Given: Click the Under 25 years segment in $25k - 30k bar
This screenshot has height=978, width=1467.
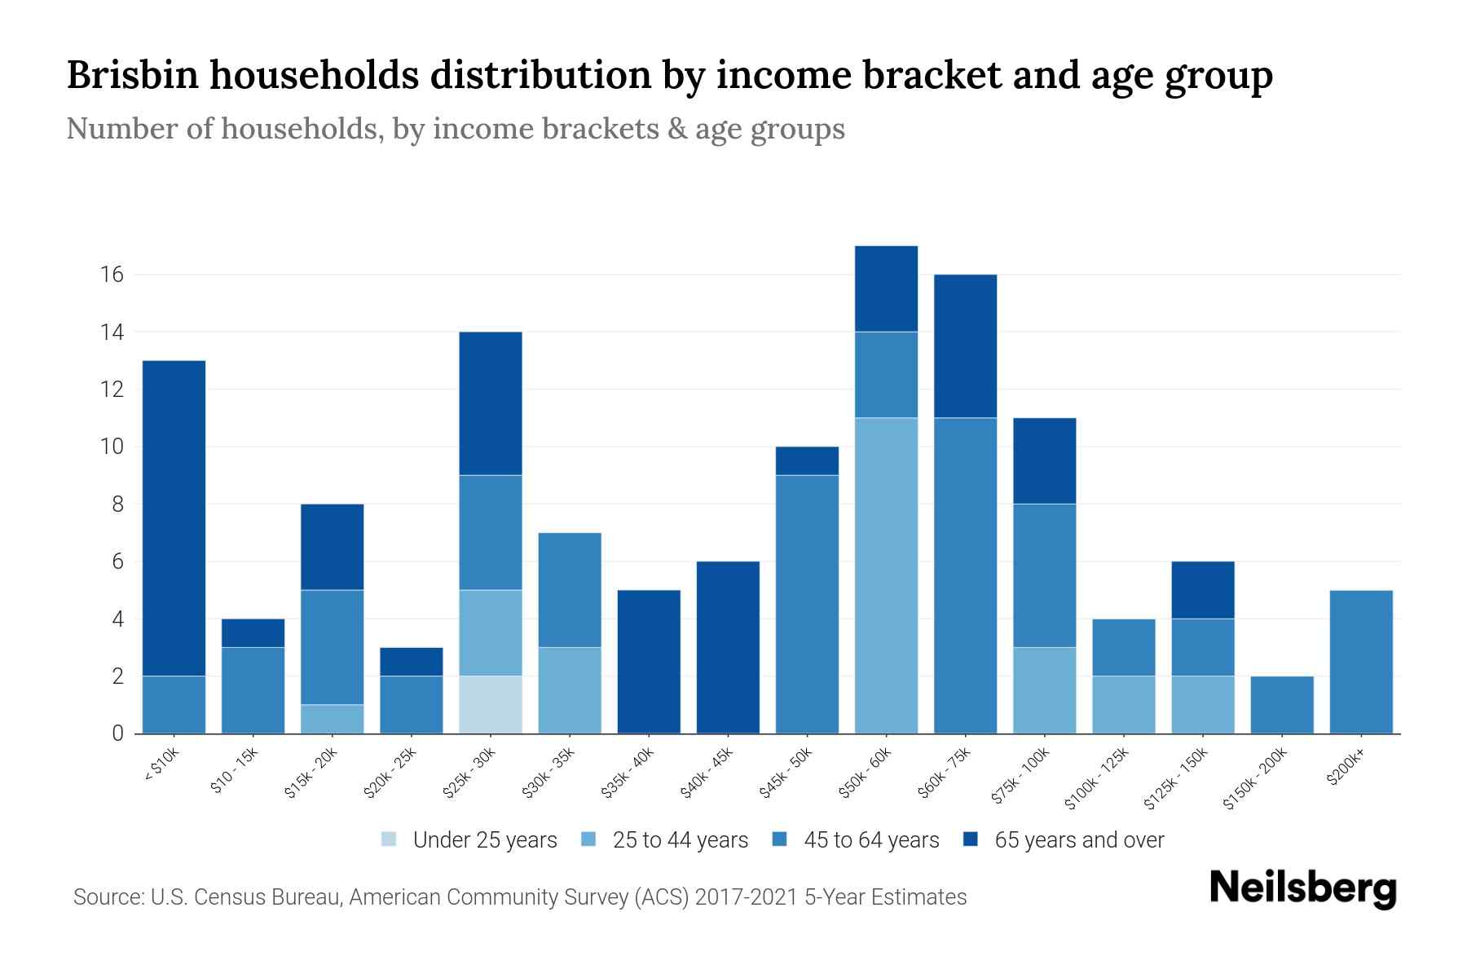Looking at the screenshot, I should pos(491,705).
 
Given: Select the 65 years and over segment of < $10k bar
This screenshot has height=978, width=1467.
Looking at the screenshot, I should pos(174,518).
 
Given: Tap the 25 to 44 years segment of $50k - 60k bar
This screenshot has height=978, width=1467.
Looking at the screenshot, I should pos(886,575).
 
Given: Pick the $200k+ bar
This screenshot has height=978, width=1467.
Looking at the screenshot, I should pos(1361,662).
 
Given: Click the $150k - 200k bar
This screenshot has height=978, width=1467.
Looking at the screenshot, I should pos(1282,705).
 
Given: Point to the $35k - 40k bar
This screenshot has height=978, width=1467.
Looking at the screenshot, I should pos(649,662).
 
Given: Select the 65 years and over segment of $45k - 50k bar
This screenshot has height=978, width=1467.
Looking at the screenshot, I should pos(807,461).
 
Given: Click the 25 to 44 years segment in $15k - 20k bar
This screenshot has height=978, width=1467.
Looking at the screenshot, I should pos(333,719).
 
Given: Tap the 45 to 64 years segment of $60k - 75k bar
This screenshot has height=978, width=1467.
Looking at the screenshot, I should pos(965,575).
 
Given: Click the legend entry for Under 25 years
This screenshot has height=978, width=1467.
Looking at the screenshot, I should pos(485,840).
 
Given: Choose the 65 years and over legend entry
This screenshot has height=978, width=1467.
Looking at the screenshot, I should pos(1079,840).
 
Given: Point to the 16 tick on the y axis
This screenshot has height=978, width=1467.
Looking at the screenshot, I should pos(112,275).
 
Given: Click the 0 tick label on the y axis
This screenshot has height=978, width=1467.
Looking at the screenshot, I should pos(118,733).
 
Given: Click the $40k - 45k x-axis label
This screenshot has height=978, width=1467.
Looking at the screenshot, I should pos(707,773).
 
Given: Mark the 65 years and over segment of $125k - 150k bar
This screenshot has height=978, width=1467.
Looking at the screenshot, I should pos(1203,590).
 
